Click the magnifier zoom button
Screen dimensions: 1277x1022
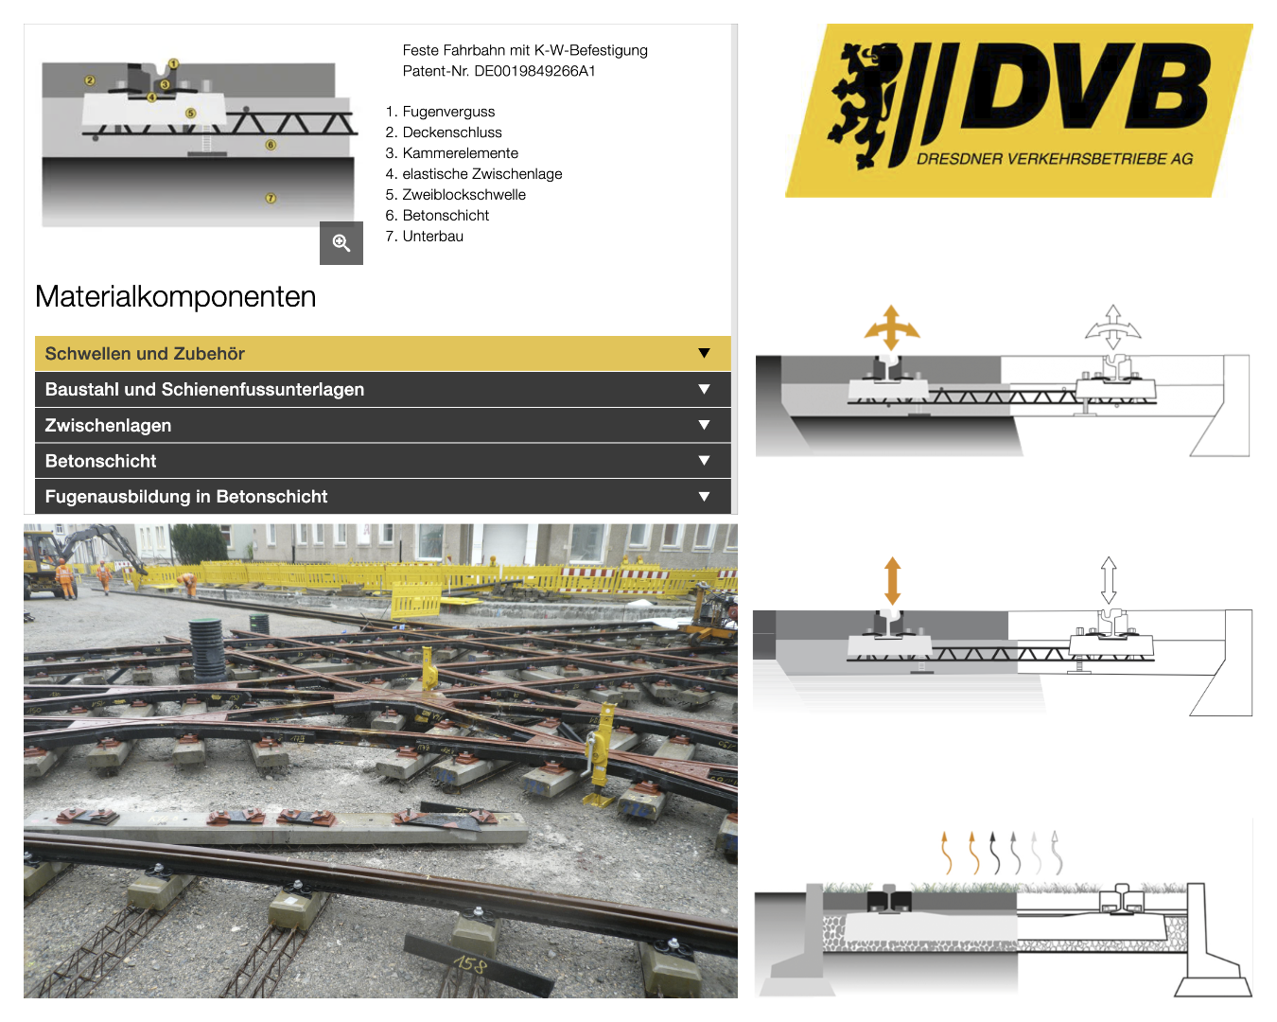pyautogui.click(x=341, y=243)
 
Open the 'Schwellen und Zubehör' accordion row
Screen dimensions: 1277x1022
pyautogui.click(x=383, y=353)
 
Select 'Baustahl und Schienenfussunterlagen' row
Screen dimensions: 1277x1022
pyautogui.click(x=383, y=390)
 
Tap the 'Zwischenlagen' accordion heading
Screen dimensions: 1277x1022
pyautogui.click(x=383, y=425)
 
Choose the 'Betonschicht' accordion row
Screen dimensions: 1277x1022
pyautogui.click(x=383, y=461)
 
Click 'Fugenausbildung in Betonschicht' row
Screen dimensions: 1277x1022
pyautogui.click(x=383, y=497)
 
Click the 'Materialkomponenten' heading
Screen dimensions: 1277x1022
pyautogui.click(x=176, y=296)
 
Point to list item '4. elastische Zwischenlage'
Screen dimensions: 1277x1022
pyautogui.click(x=474, y=174)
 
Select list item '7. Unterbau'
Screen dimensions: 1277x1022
pyautogui.click(x=425, y=237)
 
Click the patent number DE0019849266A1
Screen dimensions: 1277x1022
pyautogui.click(x=534, y=71)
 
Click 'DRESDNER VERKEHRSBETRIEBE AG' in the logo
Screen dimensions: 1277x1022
pyautogui.click(x=1055, y=159)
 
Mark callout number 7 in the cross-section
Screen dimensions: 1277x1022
pyautogui.click(x=271, y=199)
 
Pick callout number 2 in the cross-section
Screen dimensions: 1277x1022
pyautogui.click(x=90, y=80)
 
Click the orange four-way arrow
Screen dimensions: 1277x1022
pyautogui.click(x=891, y=327)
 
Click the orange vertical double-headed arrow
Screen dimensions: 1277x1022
pyautogui.click(x=892, y=581)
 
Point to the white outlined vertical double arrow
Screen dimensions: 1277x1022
pyautogui.click(x=1109, y=580)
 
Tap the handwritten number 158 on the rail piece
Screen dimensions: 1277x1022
pyautogui.click(x=470, y=963)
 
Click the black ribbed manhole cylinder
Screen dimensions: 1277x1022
pyautogui.click(x=208, y=650)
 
